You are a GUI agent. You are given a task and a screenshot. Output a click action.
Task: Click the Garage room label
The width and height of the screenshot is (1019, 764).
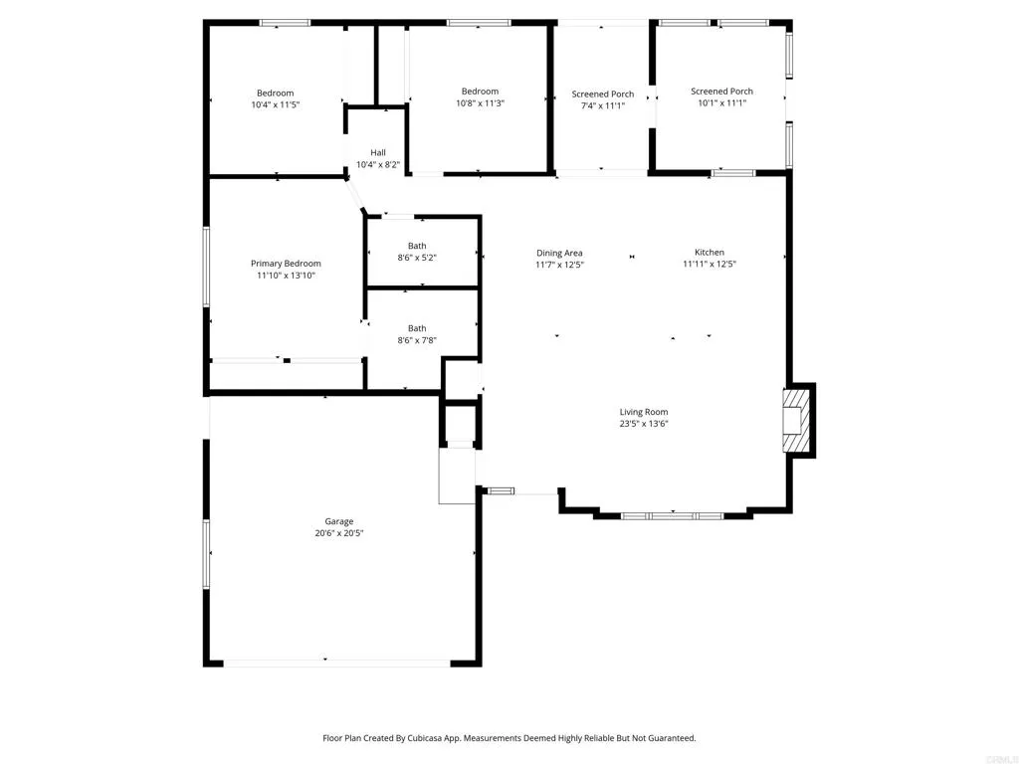point(338,521)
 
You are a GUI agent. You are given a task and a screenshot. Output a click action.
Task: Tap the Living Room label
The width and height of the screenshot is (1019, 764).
point(644,412)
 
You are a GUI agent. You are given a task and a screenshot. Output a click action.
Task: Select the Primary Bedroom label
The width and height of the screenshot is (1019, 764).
point(286,264)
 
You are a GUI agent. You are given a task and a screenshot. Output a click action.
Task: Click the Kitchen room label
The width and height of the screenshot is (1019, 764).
point(710,253)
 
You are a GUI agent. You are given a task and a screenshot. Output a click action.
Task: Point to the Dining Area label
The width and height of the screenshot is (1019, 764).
point(559,254)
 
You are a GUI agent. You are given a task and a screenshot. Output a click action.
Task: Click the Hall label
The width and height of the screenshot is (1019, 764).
point(378,152)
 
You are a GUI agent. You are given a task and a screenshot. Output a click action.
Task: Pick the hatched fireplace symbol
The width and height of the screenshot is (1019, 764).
point(796,420)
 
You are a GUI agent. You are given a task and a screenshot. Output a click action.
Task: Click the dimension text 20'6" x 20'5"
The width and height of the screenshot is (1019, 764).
point(338,533)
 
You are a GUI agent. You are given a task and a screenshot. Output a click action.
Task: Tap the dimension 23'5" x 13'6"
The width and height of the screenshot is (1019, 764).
point(644,424)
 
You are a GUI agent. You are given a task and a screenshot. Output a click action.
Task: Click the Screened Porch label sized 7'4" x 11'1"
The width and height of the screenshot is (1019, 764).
point(602,95)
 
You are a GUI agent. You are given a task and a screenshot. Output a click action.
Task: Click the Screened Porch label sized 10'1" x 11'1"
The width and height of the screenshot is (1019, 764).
point(721,92)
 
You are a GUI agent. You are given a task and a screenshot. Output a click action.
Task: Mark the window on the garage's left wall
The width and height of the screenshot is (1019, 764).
point(207,552)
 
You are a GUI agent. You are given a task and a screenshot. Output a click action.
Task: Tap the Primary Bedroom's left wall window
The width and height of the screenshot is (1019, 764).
point(207,266)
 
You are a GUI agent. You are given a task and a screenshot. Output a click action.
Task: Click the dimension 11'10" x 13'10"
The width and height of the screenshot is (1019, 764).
point(286,276)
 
